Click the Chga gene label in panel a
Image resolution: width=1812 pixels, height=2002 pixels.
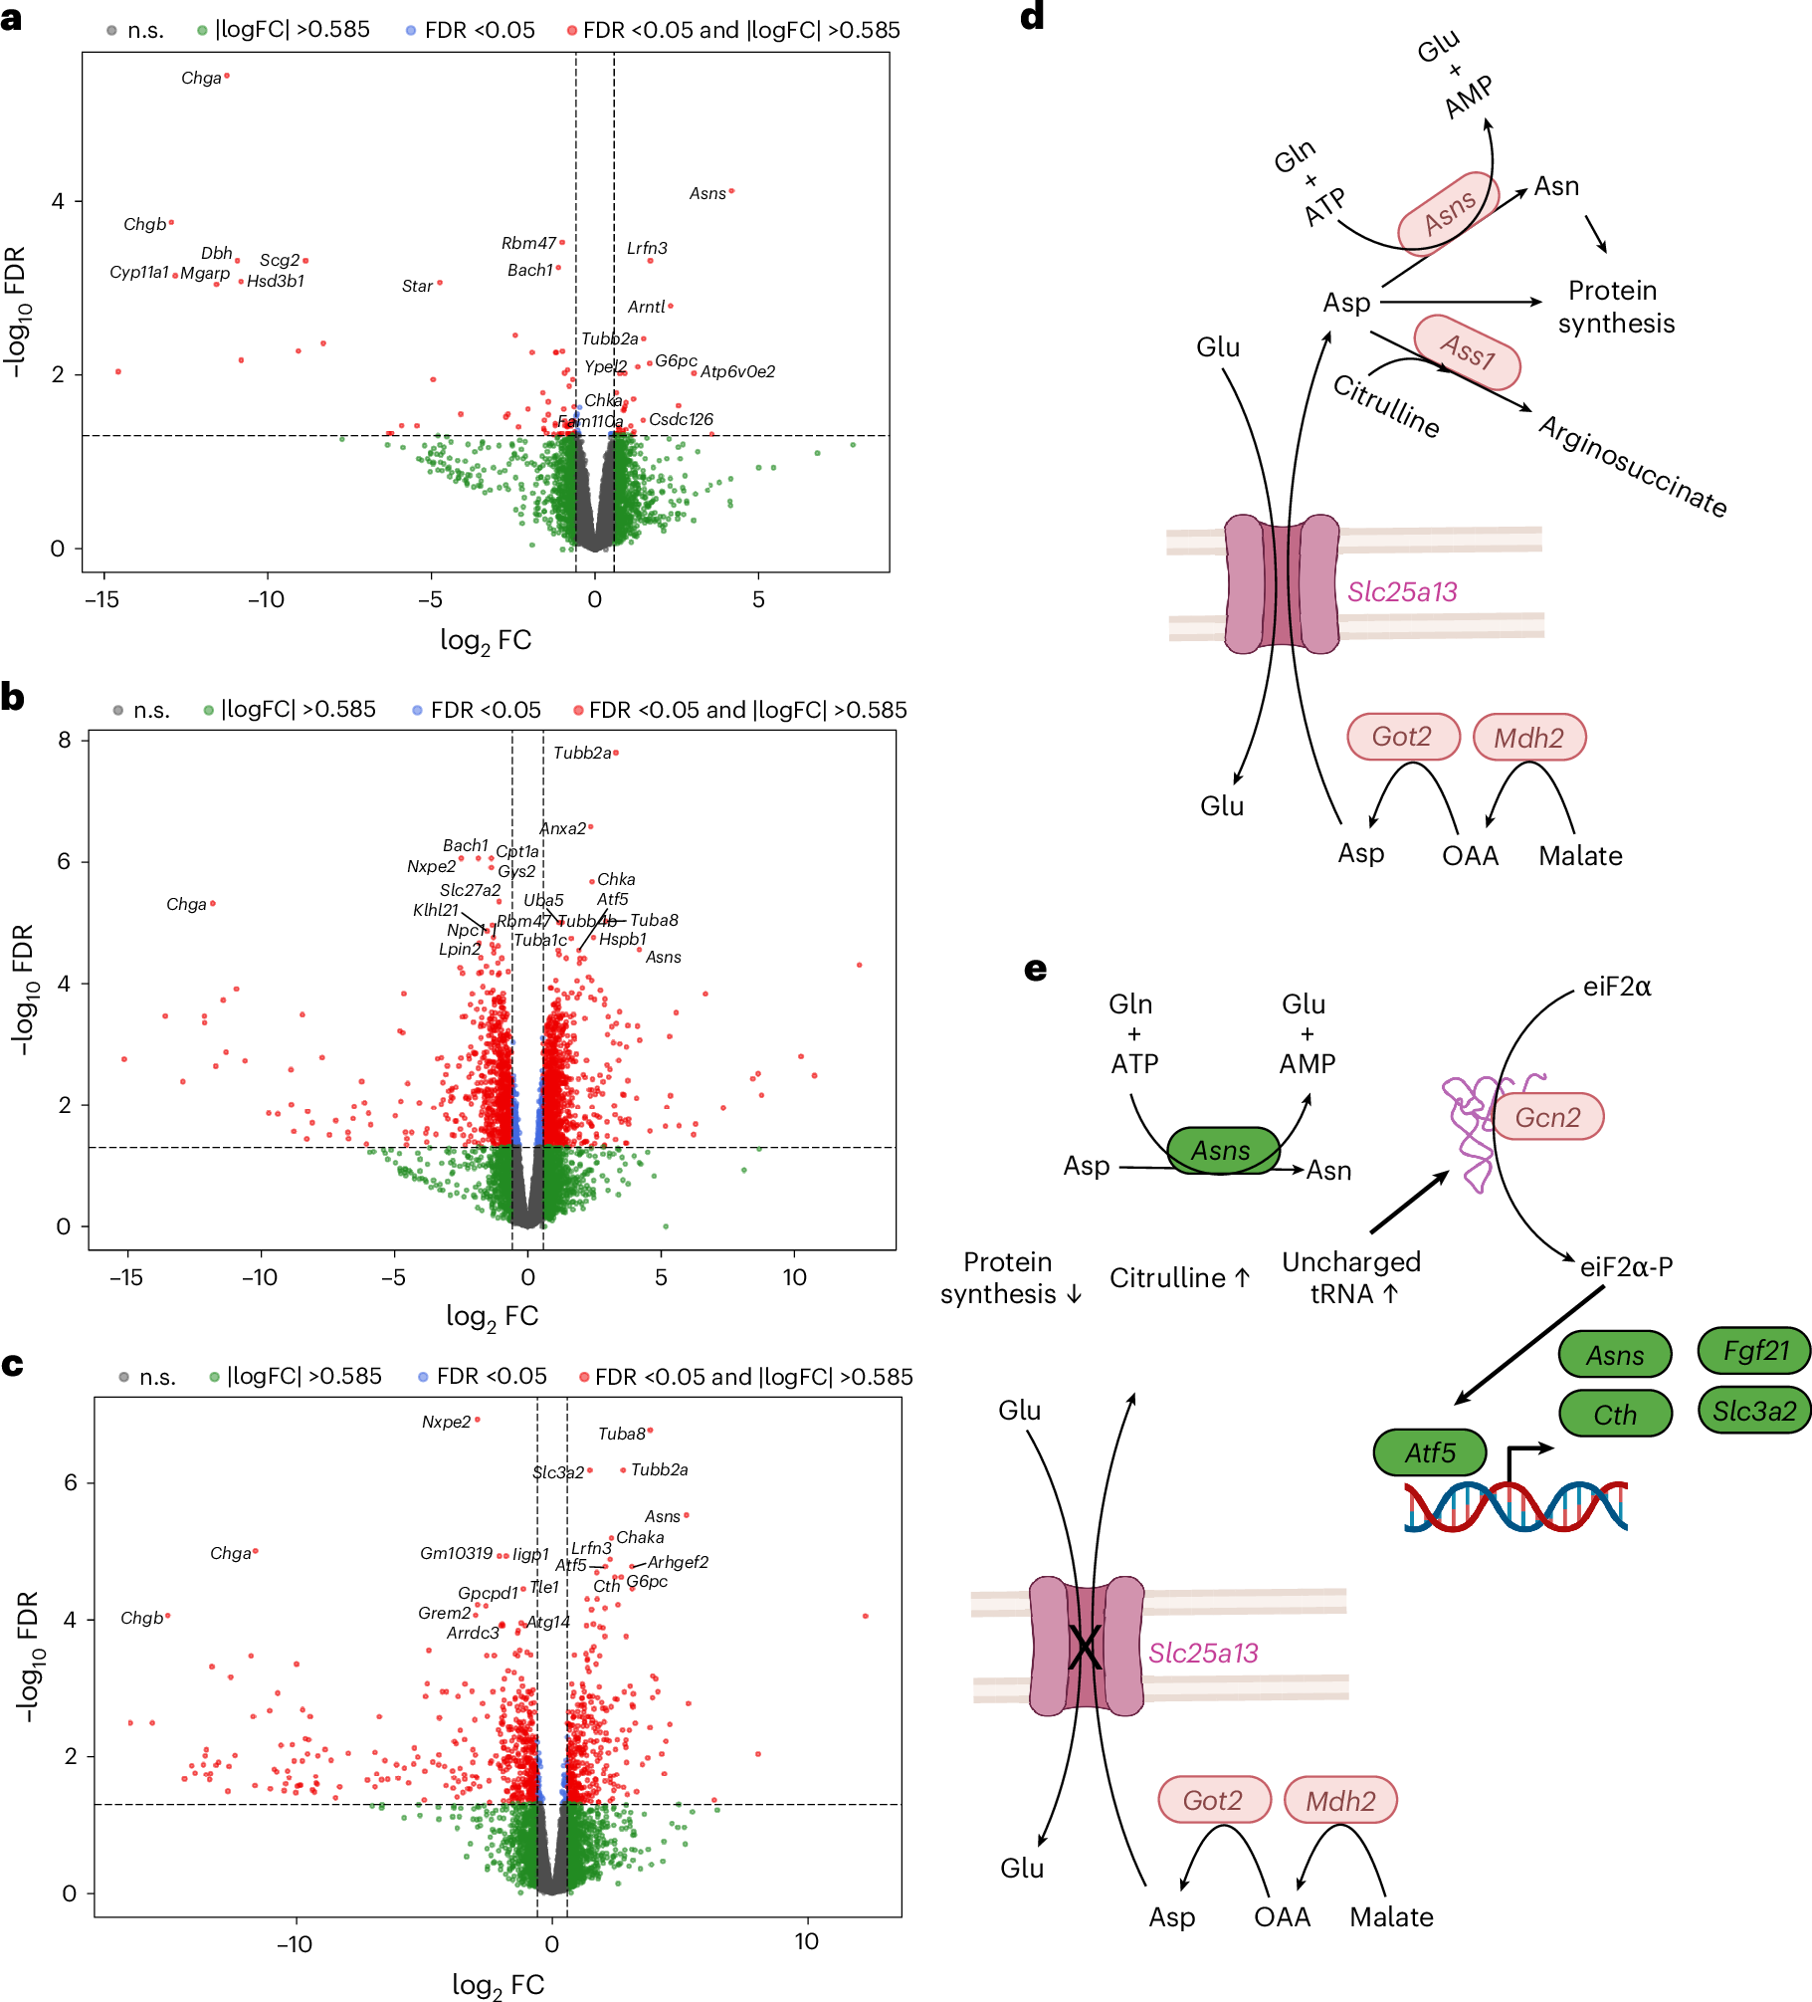coord(201,79)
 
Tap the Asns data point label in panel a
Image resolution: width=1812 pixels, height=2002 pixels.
coord(707,193)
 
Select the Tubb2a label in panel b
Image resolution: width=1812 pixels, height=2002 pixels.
coord(582,754)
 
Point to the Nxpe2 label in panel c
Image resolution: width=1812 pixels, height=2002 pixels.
coord(446,1423)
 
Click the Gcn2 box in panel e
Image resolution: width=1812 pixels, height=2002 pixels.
coord(1546,1117)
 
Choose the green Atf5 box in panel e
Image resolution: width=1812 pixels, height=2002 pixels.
coord(1429,1452)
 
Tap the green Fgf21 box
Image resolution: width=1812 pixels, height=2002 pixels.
coord(1754,1351)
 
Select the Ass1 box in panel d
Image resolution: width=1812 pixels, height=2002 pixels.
coord(1467,352)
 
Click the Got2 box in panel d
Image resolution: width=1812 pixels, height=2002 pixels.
coord(1402,737)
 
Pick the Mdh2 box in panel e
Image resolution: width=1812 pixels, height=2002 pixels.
coord(1339,1801)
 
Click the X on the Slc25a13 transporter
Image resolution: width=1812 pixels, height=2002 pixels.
coord(1085,1647)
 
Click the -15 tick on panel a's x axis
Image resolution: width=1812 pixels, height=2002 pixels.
coord(101,599)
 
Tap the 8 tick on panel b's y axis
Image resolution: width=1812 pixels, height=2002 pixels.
coord(65,740)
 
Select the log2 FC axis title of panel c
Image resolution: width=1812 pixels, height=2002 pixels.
coord(498,1984)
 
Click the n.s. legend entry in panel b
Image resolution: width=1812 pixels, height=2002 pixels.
coord(150,710)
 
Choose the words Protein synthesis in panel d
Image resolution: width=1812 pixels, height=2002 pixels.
coord(1615,307)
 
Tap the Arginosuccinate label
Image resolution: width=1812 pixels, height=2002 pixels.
coord(1632,466)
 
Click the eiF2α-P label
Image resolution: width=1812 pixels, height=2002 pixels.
coord(1626,1266)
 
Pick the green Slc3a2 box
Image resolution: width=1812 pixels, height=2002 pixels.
coord(1754,1411)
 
